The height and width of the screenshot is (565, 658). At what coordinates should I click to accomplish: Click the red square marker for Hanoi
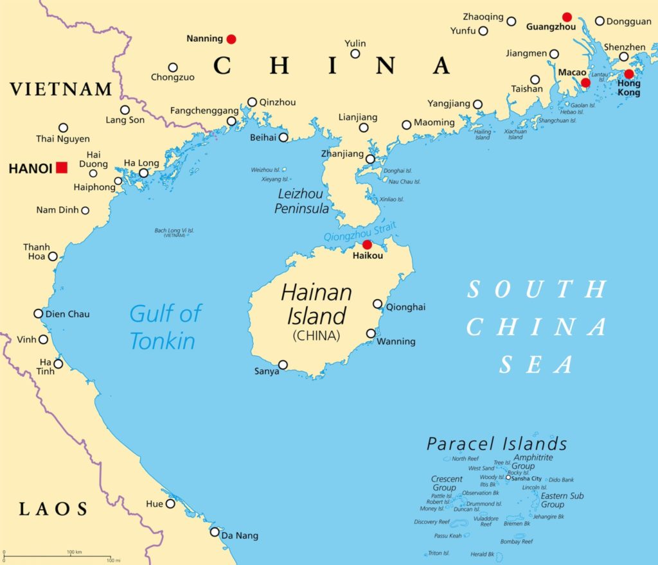point(62,168)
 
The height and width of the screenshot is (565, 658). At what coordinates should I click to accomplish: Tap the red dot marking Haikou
point(367,245)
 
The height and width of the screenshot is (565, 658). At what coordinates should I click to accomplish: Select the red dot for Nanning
point(231,39)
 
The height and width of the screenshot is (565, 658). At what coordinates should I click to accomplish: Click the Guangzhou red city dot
point(567,17)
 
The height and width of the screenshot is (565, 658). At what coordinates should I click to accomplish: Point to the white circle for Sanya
point(283,365)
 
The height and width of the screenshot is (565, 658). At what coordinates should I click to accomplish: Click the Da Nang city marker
point(215,532)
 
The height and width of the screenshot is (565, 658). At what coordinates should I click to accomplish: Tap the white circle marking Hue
point(170,503)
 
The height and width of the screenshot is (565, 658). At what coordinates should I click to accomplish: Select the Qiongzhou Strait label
point(360,231)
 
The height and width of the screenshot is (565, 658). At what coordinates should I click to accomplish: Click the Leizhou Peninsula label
point(302,201)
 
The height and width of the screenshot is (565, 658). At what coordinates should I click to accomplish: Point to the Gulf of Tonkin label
point(165,327)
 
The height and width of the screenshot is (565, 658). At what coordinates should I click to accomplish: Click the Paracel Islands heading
point(497,444)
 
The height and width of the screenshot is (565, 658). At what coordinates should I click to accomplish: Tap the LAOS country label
point(53,510)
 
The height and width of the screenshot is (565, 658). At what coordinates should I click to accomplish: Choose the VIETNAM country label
point(61,89)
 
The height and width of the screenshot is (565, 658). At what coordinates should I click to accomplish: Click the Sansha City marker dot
point(508,477)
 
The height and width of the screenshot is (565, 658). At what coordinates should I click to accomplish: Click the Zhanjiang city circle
point(370,159)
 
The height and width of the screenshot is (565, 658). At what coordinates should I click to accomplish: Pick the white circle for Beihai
point(283,136)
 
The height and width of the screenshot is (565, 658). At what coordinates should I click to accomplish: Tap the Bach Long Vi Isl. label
point(174,232)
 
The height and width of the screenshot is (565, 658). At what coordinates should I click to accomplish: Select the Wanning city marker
point(371,333)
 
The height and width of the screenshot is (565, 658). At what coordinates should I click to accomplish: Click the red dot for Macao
point(585,83)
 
